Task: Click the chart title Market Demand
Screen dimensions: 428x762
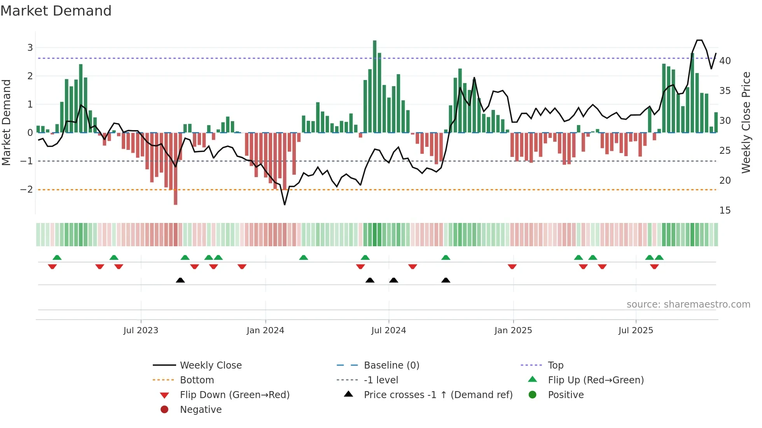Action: click(x=56, y=11)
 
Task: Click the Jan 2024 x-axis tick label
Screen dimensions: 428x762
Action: click(x=265, y=331)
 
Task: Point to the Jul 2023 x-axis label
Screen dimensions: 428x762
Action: click(x=141, y=331)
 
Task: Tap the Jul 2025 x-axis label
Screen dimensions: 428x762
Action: click(x=636, y=331)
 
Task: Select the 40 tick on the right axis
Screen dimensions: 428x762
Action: click(x=725, y=61)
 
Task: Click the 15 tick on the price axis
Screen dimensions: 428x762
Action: click(x=725, y=211)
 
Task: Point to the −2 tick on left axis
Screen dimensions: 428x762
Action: click(x=26, y=190)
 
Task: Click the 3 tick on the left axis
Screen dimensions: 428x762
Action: click(x=30, y=48)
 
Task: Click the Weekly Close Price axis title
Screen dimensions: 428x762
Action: click(x=746, y=122)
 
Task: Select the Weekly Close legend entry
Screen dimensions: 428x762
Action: click(x=210, y=365)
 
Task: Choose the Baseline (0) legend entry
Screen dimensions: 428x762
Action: click(x=391, y=365)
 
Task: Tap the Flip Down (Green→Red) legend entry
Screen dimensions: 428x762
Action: click(x=234, y=395)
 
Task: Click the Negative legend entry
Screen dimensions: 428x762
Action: click(x=201, y=410)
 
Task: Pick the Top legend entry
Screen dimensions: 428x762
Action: click(x=555, y=365)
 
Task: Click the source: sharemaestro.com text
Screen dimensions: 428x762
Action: click(x=688, y=304)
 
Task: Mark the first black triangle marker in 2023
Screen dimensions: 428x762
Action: click(x=180, y=280)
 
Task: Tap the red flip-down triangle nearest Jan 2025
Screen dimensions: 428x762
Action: click(x=512, y=266)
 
